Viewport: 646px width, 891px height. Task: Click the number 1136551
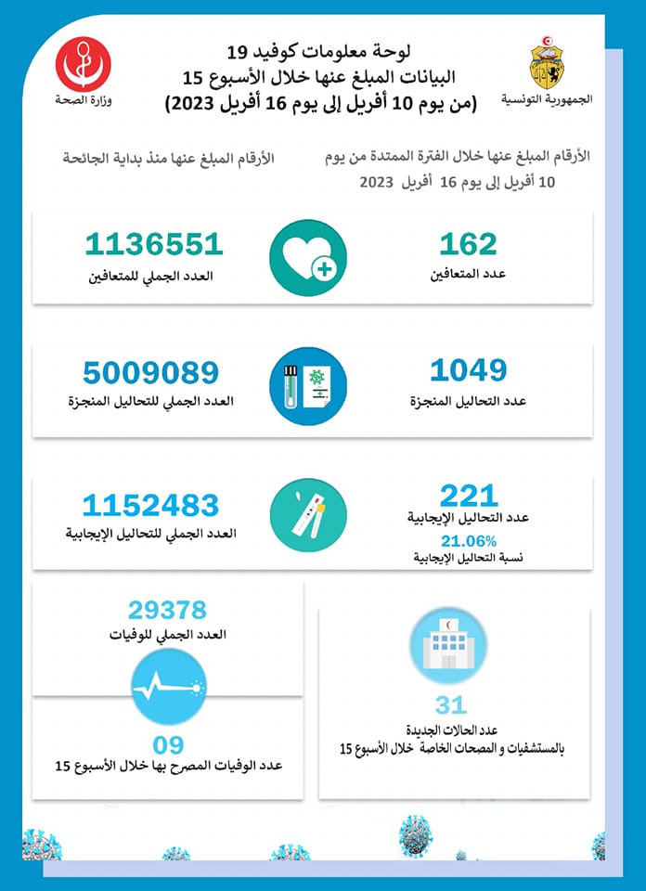pos(153,245)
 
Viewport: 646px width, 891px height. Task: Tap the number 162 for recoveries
pos(468,245)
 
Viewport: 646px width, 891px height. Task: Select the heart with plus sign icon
pos(308,258)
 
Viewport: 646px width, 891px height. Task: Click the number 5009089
pos(150,373)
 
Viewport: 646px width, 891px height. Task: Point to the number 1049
pos(468,371)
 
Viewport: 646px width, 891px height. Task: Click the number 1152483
pos(150,506)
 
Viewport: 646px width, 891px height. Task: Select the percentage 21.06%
pos(469,542)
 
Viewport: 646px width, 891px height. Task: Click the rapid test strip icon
pos(308,516)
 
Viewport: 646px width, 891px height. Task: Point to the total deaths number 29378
pos(168,610)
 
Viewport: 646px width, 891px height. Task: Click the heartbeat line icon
pos(168,688)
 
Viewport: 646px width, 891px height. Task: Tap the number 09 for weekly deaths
pos(168,744)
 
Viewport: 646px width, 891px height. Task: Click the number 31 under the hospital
pos(451,705)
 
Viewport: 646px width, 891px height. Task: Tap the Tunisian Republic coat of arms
pos(546,63)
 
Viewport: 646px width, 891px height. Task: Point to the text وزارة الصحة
pos(83,99)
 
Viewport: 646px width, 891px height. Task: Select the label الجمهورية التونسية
pos(546,98)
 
